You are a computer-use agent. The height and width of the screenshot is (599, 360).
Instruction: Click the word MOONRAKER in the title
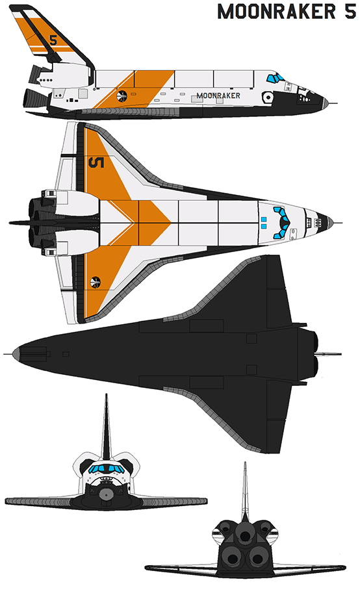[277, 12]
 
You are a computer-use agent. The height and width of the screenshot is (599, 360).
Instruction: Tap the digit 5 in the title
[350, 12]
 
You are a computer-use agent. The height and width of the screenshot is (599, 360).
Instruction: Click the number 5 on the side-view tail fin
[53, 40]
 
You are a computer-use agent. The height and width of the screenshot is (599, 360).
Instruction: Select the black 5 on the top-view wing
[96, 162]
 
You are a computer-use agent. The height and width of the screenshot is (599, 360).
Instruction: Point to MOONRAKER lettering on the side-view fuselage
[218, 96]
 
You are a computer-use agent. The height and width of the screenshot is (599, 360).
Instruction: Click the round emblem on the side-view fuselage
[122, 96]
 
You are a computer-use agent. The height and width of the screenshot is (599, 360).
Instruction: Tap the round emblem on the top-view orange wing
[95, 282]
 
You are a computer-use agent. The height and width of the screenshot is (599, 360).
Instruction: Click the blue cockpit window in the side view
[275, 78]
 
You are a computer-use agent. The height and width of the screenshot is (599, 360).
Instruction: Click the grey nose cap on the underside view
[16, 354]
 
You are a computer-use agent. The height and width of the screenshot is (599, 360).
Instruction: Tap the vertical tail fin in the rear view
[245, 491]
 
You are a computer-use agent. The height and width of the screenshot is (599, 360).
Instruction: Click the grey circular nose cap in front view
[106, 494]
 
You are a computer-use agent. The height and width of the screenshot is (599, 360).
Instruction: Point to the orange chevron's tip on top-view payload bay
[170, 222]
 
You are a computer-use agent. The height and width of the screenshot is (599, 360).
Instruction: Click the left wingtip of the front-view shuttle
[6, 501]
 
